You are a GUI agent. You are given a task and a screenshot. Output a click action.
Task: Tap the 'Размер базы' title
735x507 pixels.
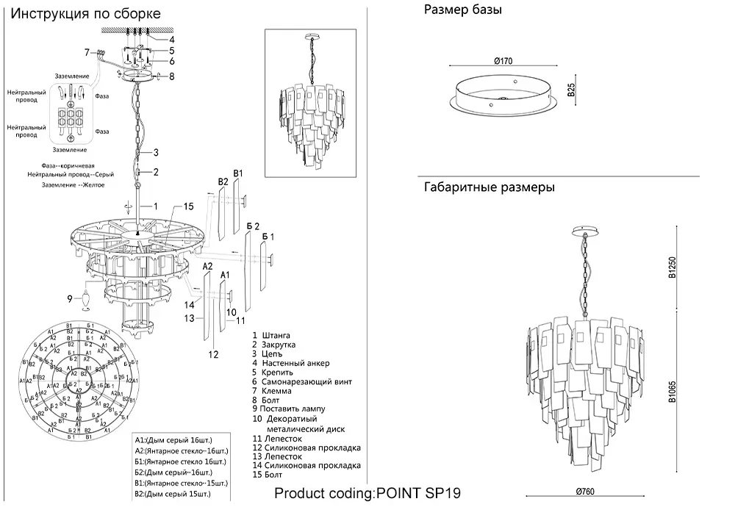coord(463,10)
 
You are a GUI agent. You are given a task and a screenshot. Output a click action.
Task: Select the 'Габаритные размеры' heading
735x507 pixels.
coord(489,187)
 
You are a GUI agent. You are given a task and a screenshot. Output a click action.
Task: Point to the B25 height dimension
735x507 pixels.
coord(571,90)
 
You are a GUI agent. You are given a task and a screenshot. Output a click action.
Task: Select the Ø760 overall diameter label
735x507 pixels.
coord(585,491)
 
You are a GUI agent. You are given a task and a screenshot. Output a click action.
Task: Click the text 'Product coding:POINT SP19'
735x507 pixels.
coord(367,493)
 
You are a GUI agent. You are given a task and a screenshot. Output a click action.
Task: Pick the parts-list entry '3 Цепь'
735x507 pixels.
coord(267,353)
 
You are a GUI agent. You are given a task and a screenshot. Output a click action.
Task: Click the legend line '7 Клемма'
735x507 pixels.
coord(270,391)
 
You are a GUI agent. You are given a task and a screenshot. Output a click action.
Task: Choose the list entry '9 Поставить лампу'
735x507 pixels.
coord(287,409)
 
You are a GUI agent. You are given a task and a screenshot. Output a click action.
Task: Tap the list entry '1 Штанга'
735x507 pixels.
coord(270,336)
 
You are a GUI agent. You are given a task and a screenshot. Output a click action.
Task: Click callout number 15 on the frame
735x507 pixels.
coord(187,206)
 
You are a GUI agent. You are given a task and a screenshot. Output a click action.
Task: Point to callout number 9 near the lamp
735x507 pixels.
coord(70,298)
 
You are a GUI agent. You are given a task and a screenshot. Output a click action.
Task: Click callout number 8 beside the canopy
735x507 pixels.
coord(171,76)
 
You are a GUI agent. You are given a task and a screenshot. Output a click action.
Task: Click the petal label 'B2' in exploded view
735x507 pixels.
coord(223,181)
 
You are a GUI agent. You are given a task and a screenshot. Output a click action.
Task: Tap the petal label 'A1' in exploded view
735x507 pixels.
coord(226,275)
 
